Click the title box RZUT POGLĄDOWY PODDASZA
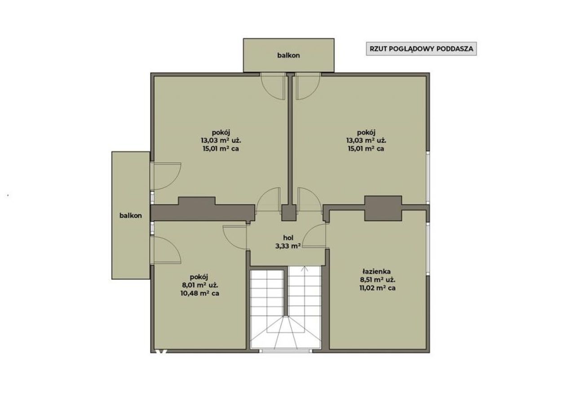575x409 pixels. (421, 49)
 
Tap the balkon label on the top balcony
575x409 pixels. (288, 55)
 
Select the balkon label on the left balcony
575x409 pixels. (130, 215)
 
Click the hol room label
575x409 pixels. (288, 237)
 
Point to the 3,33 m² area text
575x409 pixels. (288, 246)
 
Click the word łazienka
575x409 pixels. (376, 272)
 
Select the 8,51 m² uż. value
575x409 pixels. (377, 280)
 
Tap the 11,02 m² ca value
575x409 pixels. (377, 288)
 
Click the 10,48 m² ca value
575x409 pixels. (200, 293)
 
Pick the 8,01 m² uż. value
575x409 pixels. (200, 285)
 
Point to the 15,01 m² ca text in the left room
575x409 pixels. (221, 149)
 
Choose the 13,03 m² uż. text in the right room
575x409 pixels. (366, 141)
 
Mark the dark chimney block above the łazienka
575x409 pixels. (383, 208)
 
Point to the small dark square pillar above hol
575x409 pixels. (289, 212)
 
